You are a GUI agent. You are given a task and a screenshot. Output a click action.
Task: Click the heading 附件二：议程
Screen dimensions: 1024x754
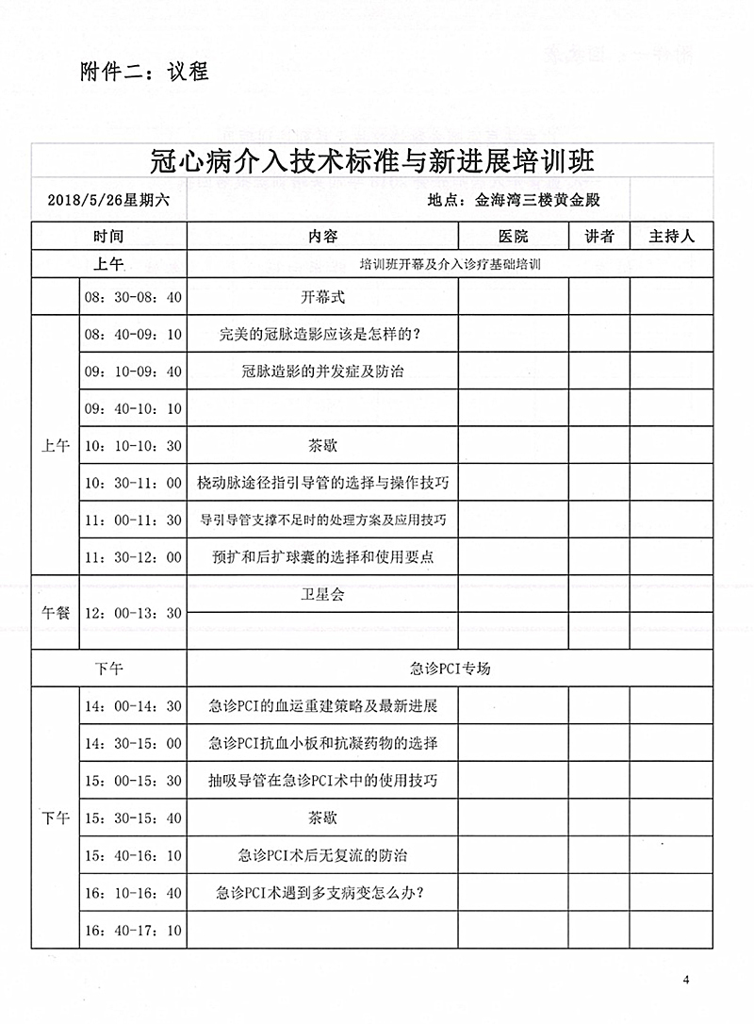pos(144,71)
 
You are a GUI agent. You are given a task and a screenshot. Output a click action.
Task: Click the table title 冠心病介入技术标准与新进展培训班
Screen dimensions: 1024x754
pos(372,159)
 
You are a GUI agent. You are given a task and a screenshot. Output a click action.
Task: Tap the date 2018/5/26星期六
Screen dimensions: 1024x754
pos(107,201)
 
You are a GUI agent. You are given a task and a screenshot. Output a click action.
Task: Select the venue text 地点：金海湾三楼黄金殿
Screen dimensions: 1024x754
pos(514,201)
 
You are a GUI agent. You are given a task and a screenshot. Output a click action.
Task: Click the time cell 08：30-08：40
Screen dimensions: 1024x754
pos(133,297)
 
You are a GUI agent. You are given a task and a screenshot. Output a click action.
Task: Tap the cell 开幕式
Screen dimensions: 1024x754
pos(322,297)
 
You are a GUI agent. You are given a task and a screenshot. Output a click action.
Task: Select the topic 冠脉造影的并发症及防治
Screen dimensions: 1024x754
pos(322,372)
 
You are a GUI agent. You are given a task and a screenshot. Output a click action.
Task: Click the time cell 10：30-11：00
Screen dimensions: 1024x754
pos(133,483)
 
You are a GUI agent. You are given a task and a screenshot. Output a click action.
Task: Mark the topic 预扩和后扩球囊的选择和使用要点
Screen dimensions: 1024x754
pos(322,557)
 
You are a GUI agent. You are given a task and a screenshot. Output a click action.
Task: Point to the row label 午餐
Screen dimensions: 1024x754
pos(56,613)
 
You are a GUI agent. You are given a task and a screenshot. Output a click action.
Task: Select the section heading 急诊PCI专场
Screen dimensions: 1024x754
pos(451,669)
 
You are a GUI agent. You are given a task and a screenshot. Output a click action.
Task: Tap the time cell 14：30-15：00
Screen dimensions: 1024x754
pos(133,743)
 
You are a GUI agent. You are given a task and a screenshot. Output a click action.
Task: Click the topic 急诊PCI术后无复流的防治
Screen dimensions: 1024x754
pos(322,855)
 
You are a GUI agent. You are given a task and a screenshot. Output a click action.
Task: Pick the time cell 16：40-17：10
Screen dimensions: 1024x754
pos(133,930)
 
